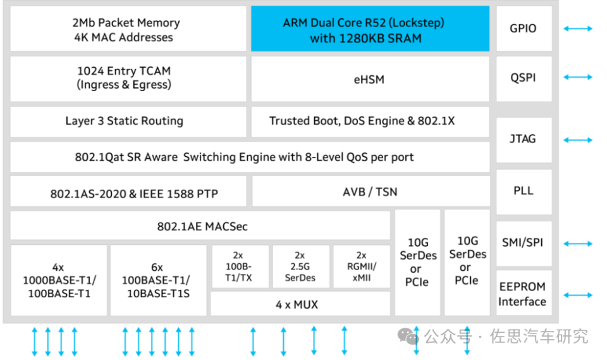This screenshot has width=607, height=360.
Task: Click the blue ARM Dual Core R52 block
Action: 370,30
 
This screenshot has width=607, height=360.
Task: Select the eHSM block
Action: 369,80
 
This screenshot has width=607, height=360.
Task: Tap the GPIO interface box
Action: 523,28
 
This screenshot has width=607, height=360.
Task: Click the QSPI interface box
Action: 523,77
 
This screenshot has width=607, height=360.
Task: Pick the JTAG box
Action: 523,139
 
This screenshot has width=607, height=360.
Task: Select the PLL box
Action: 523,190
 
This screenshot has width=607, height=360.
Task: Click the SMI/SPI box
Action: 523,243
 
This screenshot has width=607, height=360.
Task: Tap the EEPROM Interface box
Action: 523,294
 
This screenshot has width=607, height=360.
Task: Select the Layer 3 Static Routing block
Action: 125,121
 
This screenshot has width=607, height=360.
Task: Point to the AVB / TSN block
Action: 370,191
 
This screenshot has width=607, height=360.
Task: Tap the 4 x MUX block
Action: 300,304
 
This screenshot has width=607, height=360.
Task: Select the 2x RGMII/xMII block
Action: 360,266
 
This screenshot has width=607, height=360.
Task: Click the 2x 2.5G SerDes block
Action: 300,266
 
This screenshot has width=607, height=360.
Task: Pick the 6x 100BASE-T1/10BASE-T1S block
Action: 158,280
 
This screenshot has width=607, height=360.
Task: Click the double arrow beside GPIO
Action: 578,28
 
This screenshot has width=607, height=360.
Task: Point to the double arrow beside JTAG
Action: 578,140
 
